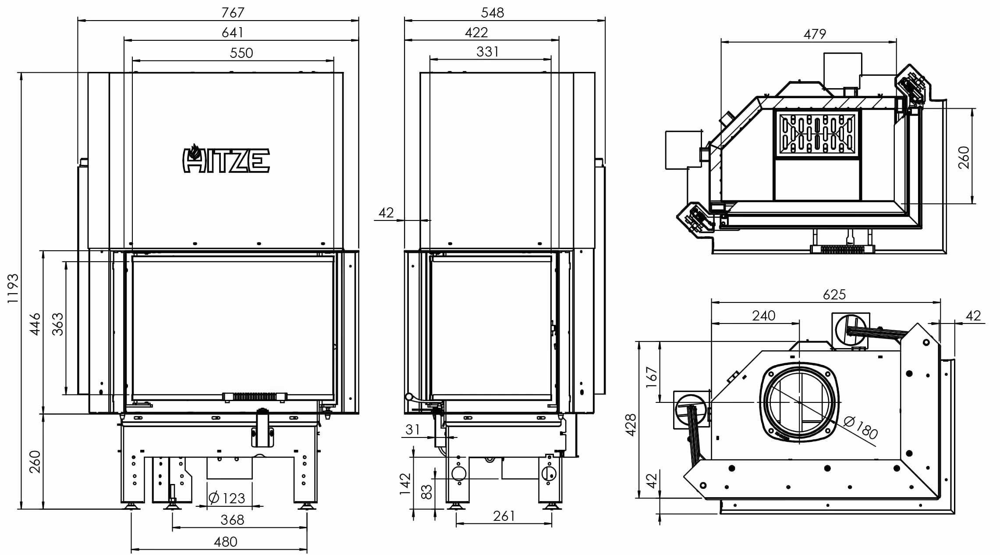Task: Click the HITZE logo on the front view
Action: (x=226, y=159)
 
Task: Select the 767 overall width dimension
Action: (x=232, y=12)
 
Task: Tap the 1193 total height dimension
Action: (x=13, y=288)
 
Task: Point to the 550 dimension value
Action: (x=241, y=53)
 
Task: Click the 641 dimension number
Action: (x=233, y=32)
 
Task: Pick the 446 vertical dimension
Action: (x=35, y=324)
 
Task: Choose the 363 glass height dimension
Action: (x=57, y=324)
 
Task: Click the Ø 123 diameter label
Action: (x=227, y=498)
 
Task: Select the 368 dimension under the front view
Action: (x=232, y=520)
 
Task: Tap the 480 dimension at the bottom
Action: (x=226, y=542)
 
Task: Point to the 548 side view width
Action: (x=493, y=12)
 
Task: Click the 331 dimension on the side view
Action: (x=487, y=52)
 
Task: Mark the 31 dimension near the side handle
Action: (x=412, y=430)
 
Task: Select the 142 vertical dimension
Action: (x=405, y=484)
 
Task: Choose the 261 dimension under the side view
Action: (x=504, y=516)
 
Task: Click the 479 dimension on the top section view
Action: (x=815, y=34)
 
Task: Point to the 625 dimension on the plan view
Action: (x=834, y=294)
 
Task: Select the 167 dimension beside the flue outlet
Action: (x=652, y=377)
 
